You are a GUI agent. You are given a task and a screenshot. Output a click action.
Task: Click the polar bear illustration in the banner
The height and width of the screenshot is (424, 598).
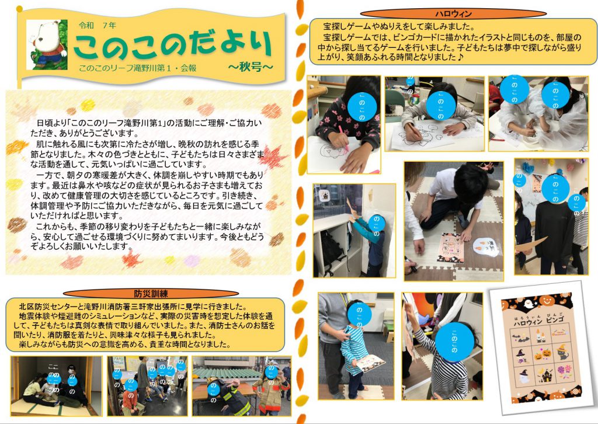(47, 44)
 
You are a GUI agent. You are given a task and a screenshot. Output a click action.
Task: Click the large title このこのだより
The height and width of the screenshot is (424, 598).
(173, 45)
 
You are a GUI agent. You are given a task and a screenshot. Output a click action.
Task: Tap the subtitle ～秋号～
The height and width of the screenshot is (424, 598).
(251, 67)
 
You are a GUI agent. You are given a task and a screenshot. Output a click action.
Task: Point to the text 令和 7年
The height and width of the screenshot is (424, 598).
(98, 26)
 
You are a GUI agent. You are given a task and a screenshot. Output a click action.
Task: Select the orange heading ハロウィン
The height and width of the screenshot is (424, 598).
(453, 14)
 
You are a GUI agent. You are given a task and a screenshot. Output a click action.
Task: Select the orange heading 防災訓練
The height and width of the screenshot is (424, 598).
(151, 294)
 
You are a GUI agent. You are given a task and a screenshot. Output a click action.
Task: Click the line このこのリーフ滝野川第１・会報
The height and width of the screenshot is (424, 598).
(138, 68)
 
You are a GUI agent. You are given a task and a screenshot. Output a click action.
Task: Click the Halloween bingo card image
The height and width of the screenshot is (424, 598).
(543, 347)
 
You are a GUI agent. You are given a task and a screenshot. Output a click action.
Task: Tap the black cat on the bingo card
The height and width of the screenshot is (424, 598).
(562, 352)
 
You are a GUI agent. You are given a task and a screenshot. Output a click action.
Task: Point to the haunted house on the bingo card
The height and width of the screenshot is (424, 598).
(546, 375)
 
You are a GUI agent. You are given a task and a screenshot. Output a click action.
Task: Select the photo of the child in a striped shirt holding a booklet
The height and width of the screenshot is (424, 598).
(356, 346)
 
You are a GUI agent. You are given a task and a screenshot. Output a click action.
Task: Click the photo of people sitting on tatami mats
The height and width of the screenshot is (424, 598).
(57, 386)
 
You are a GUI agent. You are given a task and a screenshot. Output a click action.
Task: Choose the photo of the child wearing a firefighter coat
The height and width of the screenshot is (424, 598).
(241, 386)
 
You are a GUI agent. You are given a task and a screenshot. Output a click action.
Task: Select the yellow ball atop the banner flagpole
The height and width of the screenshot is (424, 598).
(19, 9)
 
